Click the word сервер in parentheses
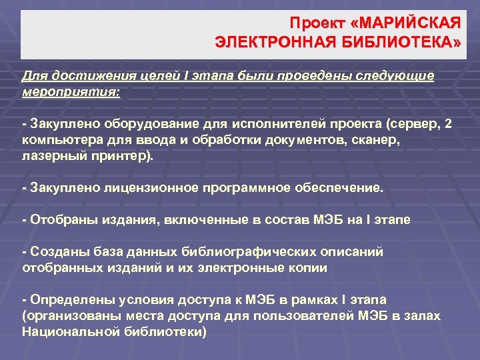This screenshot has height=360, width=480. (408, 125)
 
